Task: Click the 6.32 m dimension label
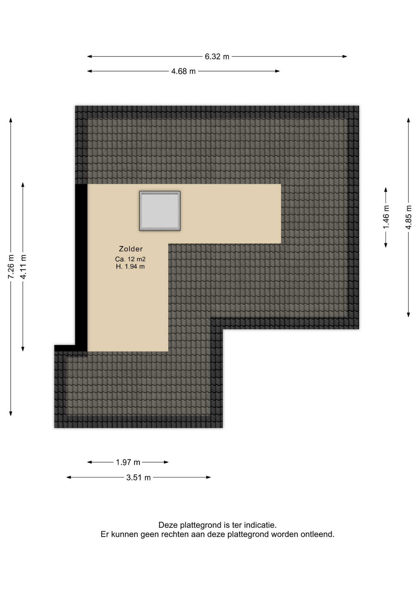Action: point(217,56)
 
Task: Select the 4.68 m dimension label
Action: point(183,71)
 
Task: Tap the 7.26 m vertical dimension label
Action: point(11,266)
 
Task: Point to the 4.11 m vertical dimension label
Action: point(23,266)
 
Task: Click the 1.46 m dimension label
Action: point(386,217)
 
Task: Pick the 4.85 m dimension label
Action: point(409,217)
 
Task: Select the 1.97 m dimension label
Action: point(128,462)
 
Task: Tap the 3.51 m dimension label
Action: point(139,477)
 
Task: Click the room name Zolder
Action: point(131,249)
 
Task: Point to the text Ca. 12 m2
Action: point(130,259)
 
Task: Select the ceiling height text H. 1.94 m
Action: point(130,267)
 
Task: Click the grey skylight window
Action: point(160,211)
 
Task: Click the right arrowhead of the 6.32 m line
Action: point(345,56)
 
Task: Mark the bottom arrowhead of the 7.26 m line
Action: point(11,413)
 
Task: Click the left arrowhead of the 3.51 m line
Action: point(69,477)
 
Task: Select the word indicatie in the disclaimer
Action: point(260,525)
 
